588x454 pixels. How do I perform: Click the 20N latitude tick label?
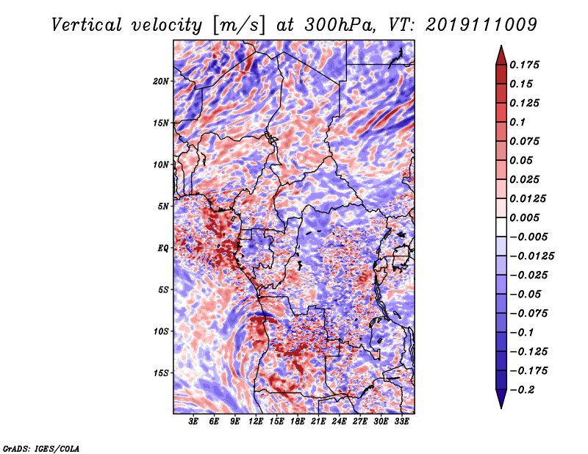click(x=161, y=82)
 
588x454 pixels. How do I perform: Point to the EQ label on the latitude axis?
click(x=163, y=248)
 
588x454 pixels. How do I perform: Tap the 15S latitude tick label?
click(x=161, y=373)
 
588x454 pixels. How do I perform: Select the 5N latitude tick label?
click(x=163, y=206)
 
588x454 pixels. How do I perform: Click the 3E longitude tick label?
click(x=193, y=422)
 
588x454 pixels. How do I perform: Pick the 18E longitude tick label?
click(x=298, y=422)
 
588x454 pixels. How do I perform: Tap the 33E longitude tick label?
click(x=401, y=422)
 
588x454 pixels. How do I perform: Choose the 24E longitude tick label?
click(x=339, y=422)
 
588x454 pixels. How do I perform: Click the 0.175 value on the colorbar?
click(x=524, y=65)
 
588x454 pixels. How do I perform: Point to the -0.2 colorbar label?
click(x=522, y=390)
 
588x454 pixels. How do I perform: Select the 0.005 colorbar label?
click(x=524, y=217)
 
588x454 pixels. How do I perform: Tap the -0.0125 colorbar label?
click(x=531, y=256)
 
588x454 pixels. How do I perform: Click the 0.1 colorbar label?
click(x=517, y=122)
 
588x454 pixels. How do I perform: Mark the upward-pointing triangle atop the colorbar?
click(x=501, y=55)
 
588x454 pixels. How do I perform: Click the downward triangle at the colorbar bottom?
click(x=501, y=399)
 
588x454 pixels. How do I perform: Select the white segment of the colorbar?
click(x=501, y=227)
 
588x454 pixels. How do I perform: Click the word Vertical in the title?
click(x=87, y=25)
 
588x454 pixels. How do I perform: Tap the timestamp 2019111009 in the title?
click(x=481, y=25)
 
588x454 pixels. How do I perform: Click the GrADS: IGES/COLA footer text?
click(x=40, y=448)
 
